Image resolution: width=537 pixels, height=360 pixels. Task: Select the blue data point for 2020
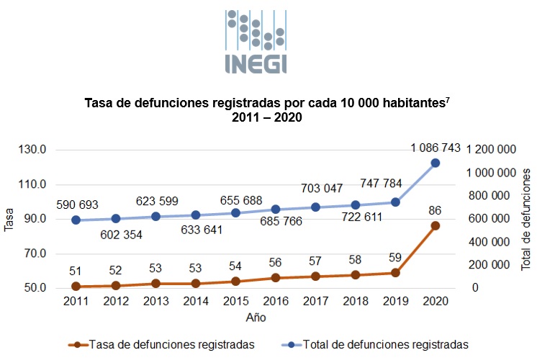tap(436, 163)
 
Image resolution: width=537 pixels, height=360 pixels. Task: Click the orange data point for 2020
tap(436, 225)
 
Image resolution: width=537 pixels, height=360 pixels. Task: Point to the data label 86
tap(435, 210)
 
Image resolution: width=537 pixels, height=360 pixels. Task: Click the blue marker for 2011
tap(76, 220)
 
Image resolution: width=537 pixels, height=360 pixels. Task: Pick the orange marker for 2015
tap(235, 282)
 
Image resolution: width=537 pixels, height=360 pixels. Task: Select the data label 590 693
tap(76, 205)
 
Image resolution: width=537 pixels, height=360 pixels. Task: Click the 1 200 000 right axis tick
tap(493, 150)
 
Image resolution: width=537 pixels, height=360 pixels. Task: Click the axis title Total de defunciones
tap(527, 219)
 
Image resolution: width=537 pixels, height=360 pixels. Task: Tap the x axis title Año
tap(256, 316)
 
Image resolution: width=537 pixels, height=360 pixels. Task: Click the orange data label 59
tap(395, 258)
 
